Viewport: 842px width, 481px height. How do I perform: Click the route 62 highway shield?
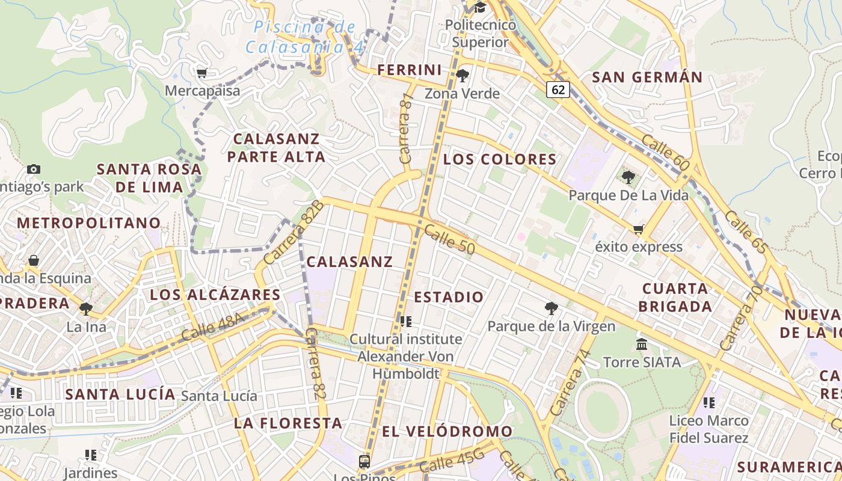tap(558, 90)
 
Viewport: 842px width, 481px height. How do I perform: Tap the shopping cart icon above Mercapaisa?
tap(202, 73)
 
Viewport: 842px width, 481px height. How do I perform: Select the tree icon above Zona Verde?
tap(462, 76)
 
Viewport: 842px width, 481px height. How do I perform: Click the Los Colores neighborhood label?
tap(500, 159)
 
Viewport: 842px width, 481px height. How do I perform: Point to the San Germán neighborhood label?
tap(647, 77)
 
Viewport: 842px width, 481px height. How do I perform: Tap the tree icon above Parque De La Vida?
tap(628, 177)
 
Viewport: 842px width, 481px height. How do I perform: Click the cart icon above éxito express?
tap(638, 229)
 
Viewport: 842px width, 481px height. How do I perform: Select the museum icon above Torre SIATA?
tap(642, 345)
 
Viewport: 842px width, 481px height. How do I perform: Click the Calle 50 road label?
tap(449, 239)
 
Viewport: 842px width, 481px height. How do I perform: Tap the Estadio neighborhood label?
tap(449, 297)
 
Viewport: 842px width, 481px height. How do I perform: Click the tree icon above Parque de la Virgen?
tap(551, 308)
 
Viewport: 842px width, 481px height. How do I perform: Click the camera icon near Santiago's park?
tap(34, 169)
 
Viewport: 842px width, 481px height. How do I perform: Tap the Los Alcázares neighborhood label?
tap(215, 295)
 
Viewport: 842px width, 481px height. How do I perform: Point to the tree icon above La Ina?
tap(86, 309)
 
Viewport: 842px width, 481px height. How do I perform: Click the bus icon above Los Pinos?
tap(364, 462)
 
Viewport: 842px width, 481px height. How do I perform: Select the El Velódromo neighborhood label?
tap(447, 431)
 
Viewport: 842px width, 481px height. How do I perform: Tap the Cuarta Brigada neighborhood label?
tap(675, 297)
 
